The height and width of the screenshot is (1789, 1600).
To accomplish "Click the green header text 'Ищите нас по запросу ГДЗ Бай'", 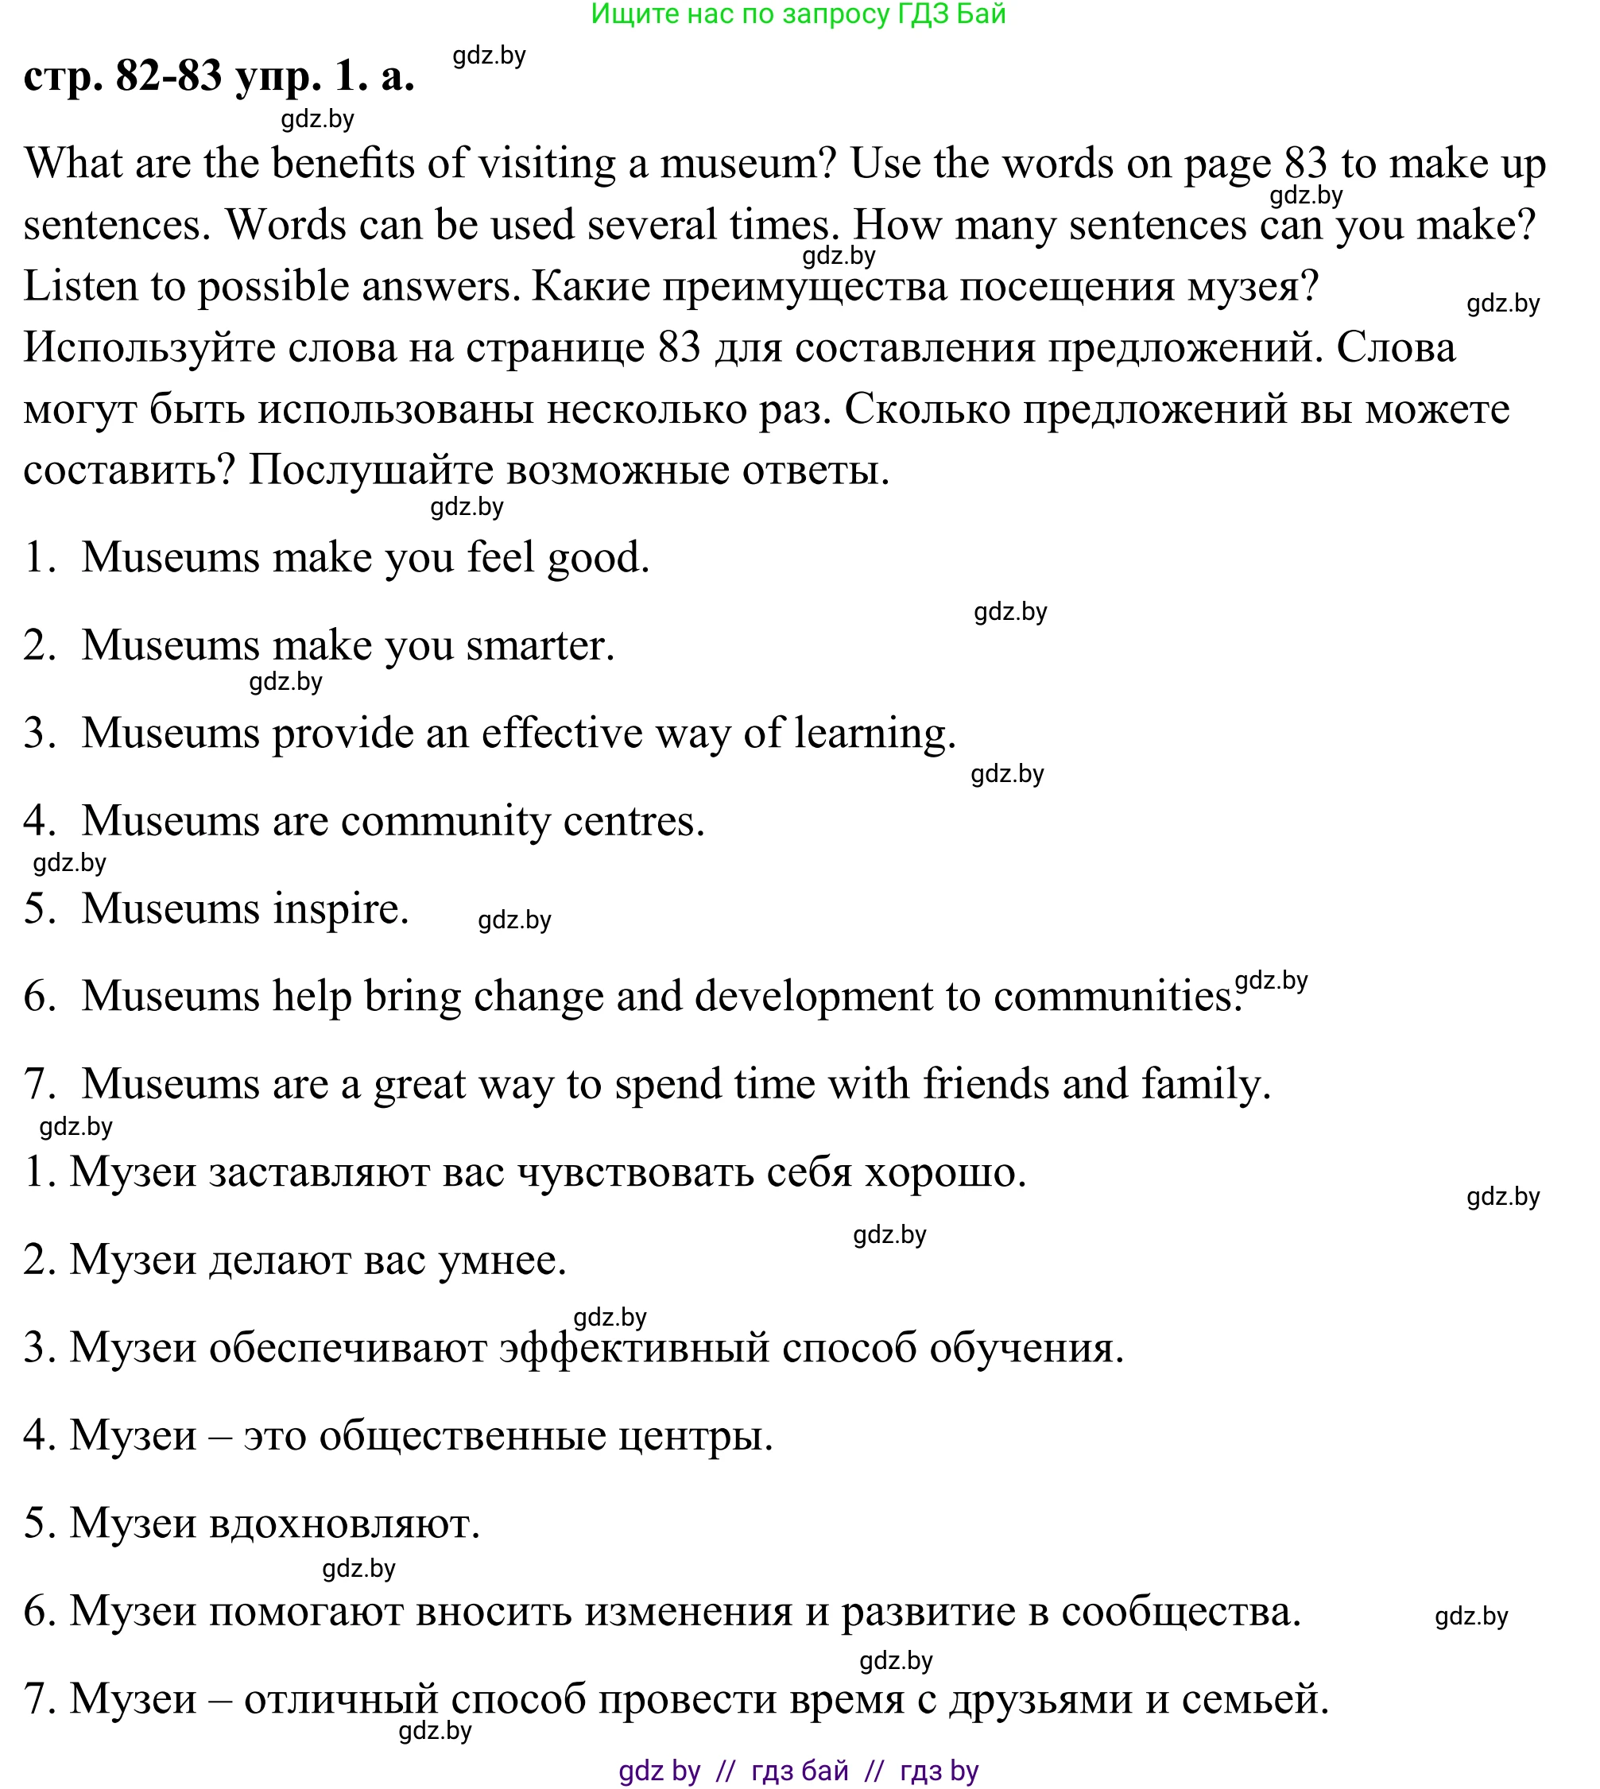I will pyautogui.click(x=798, y=14).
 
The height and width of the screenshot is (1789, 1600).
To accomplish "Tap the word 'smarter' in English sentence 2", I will pyautogui.click(x=534, y=645).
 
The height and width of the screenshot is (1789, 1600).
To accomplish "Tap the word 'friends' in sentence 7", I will pyautogui.click(x=986, y=1083).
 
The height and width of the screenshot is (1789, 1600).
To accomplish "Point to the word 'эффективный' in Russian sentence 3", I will pyautogui.click(x=633, y=1348).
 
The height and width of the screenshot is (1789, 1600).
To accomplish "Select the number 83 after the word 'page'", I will pyautogui.click(x=1305, y=164).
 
